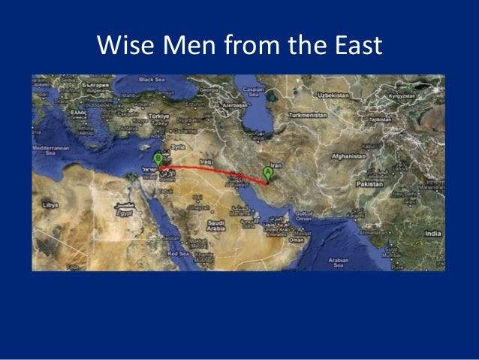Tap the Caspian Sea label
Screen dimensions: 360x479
coord(254,92)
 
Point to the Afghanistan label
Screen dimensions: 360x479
coord(349,156)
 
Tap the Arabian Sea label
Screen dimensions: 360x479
coord(339,262)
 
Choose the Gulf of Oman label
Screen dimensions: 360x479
coord(304,215)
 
